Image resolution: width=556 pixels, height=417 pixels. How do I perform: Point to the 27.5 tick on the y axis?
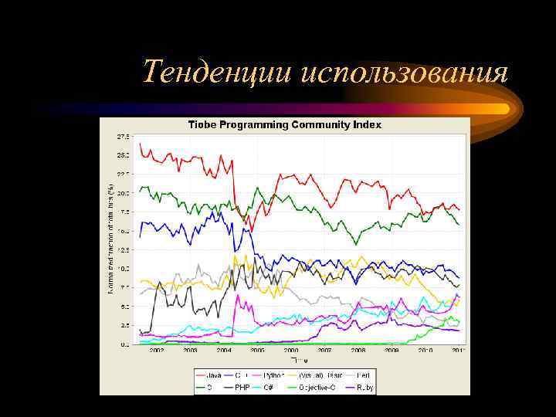123,137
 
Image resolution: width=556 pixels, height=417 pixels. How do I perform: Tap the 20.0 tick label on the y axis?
123,192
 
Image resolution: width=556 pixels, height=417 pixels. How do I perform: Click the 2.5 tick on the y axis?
124,325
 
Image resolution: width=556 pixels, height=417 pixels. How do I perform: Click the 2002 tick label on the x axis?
157,350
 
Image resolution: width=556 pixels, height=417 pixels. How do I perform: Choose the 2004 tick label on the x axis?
224,350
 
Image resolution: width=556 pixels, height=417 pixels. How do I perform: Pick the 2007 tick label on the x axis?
324,350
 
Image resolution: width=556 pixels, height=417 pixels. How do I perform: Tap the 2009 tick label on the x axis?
392,350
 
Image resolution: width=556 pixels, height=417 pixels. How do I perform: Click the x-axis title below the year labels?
299,361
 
